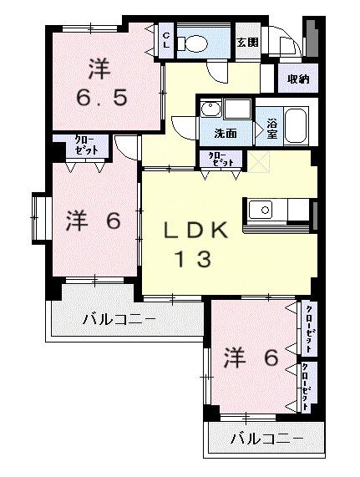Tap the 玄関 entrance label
[x=246, y=42]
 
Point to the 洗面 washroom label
[x=225, y=132]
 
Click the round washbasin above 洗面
[x=210, y=109]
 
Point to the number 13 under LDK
[x=192, y=260]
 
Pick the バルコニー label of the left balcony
[x=119, y=318]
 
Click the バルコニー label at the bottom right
[x=265, y=437]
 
